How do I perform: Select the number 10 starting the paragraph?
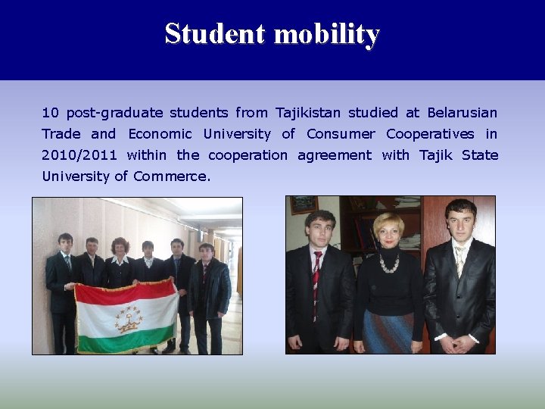50,113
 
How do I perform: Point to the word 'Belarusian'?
462,113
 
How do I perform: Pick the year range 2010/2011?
79,155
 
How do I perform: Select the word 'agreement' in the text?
334,155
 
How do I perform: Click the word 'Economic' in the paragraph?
160,134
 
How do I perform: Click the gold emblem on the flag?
129,318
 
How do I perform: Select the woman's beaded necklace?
388,263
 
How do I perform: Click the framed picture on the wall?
304,204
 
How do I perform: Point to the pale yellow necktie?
459,261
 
